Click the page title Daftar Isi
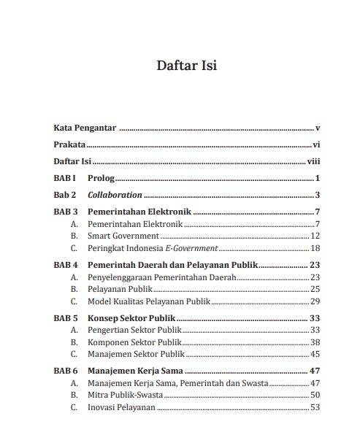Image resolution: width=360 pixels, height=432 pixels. (186, 66)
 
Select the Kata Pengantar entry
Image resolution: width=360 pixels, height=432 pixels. (85, 127)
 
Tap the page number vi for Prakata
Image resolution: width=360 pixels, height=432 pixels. (316, 144)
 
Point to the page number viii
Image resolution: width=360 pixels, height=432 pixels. (314, 162)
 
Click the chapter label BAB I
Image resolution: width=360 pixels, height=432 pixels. (65, 179)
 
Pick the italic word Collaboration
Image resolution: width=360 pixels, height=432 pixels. (115, 195)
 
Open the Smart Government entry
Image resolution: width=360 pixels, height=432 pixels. (123, 236)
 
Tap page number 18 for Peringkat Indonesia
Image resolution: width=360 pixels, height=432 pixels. (315, 249)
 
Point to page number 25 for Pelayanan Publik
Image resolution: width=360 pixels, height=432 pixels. (315, 289)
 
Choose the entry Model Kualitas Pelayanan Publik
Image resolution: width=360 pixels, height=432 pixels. (149, 301)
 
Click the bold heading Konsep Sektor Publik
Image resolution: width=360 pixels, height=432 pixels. (132, 318)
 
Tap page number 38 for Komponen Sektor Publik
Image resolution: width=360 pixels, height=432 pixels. (315, 342)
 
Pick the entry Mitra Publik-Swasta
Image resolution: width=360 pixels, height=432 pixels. (125, 395)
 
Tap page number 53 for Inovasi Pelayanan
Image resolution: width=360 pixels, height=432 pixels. (315, 407)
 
